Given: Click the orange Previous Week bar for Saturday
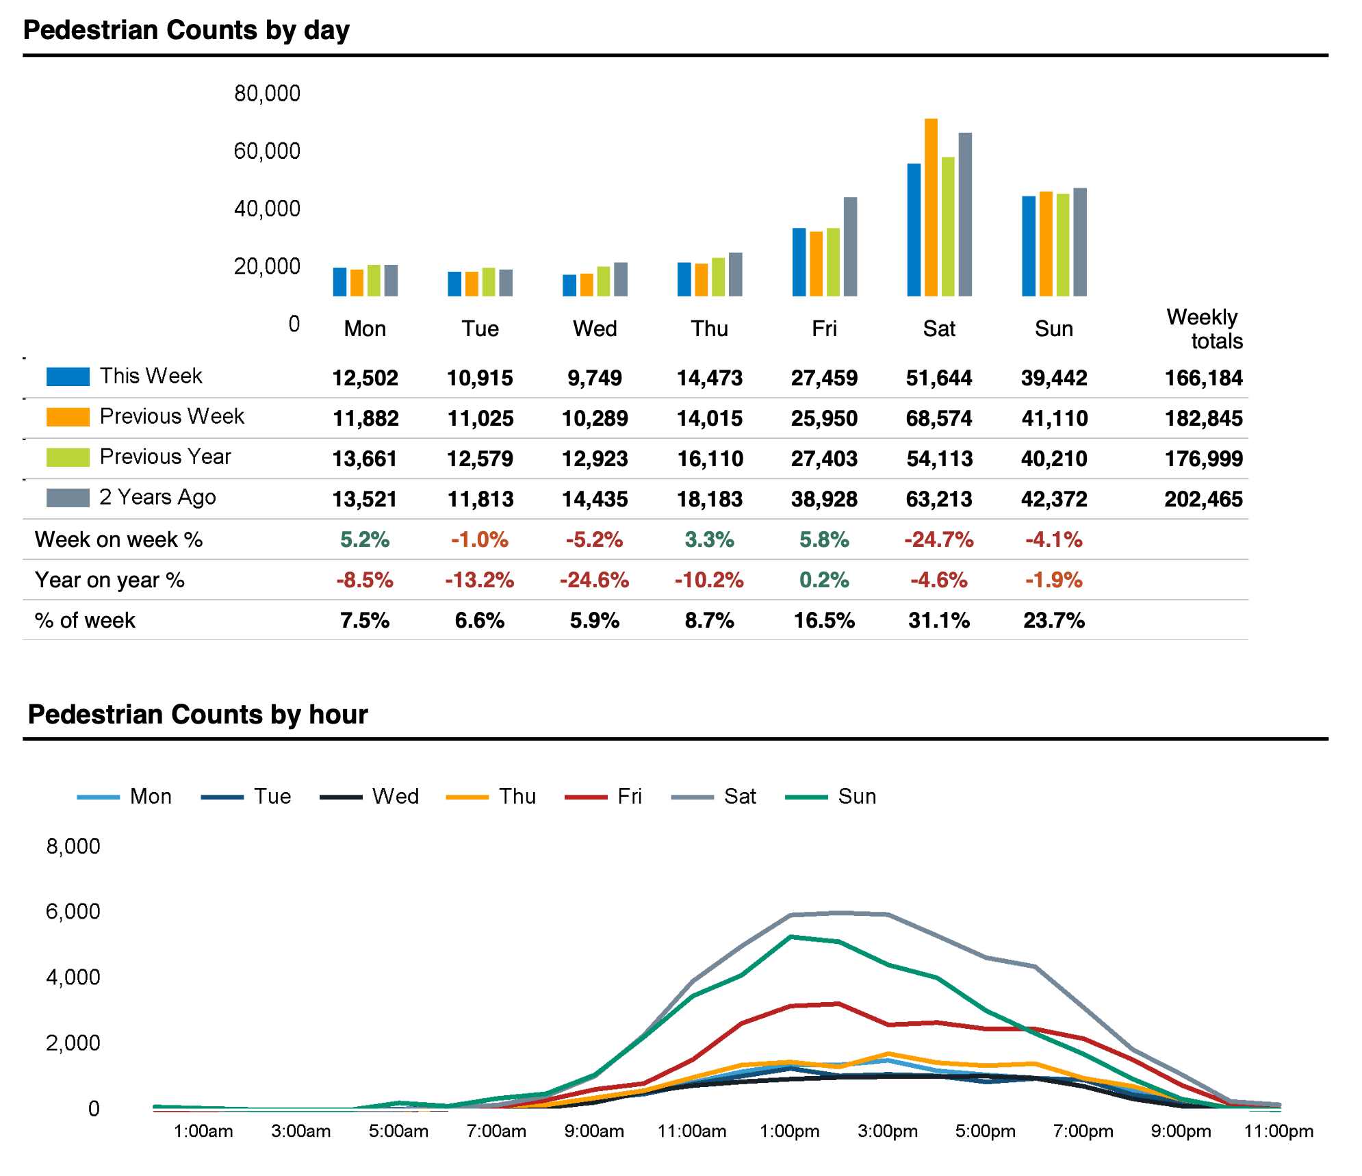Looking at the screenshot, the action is coord(931,207).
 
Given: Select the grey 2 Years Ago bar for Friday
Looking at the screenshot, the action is coord(850,246).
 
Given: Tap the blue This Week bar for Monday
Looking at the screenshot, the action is coord(340,282).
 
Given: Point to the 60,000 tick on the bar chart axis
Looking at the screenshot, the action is coord(267,151).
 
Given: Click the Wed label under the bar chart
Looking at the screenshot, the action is coord(595,329).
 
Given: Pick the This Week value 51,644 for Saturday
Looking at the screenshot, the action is coord(939,378).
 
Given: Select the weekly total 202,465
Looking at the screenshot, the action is coord(1203,499).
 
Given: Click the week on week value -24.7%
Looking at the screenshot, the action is coord(939,539).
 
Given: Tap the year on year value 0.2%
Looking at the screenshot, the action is coord(824,580).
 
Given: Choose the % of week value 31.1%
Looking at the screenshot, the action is coord(939,620).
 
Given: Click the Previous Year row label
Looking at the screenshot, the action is coord(166,457).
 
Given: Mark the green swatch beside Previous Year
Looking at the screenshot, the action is coord(68,457).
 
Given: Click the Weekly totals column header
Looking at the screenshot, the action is coord(1205,329).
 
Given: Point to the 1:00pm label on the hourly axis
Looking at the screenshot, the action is coord(790,1131).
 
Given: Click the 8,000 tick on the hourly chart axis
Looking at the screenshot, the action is coord(73,846).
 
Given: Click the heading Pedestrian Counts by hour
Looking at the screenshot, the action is coord(198,714).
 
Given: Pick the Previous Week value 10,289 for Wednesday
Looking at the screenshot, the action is coord(595,418).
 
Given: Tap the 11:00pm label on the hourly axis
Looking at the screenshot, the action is coord(1279,1131).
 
